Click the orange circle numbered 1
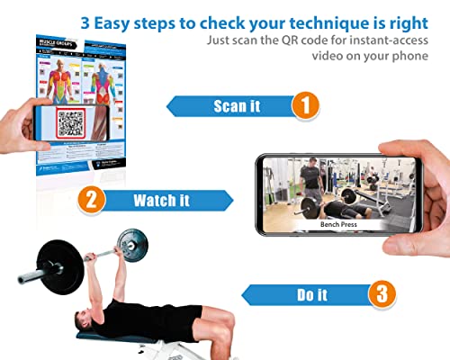coord(304,105)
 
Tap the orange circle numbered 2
coord(89,198)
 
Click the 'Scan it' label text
coord(237,106)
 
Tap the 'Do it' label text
coord(311,293)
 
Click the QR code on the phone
coord(73,124)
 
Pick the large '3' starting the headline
coord(85,19)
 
